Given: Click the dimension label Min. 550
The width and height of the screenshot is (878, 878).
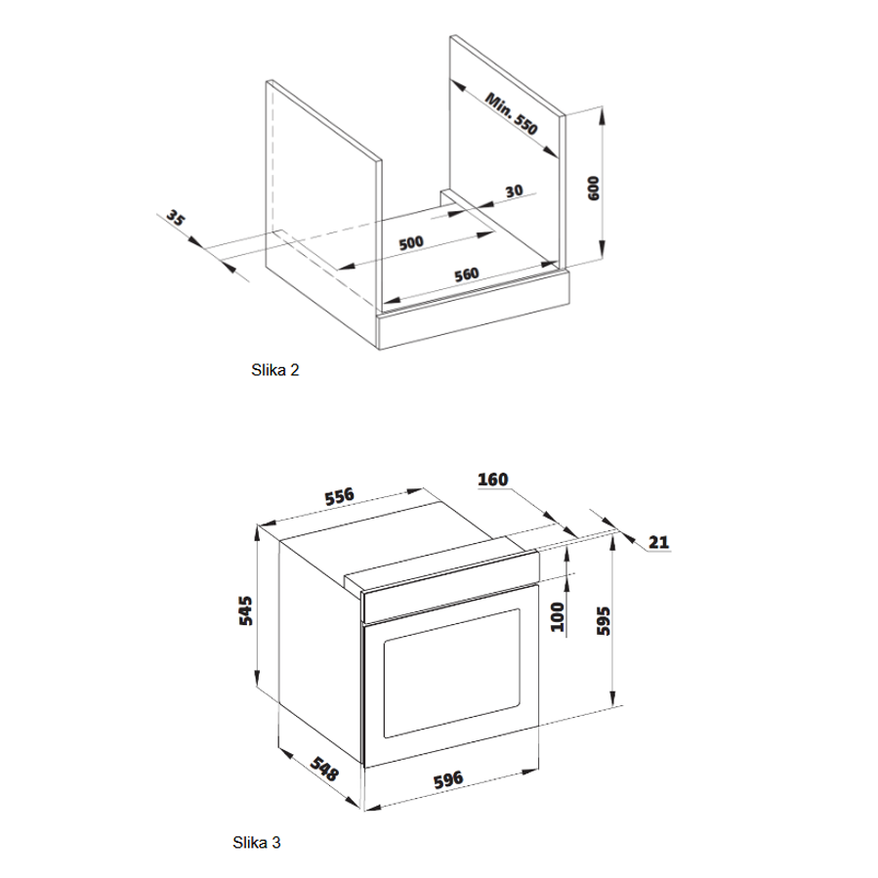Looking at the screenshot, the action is (x=512, y=113).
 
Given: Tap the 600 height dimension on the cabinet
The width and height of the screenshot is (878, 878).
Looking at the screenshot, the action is (x=594, y=188).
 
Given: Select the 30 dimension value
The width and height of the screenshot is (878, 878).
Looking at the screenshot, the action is (x=514, y=191).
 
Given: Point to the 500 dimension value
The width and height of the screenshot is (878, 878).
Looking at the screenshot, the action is (x=411, y=243).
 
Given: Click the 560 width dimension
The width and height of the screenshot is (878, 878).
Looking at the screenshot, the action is (x=467, y=274).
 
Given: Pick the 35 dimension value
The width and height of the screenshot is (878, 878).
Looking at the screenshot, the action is (x=175, y=218).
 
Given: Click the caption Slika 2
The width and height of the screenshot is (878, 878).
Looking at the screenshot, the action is (x=275, y=370).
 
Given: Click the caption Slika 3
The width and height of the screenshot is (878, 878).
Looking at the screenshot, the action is (x=257, y=842).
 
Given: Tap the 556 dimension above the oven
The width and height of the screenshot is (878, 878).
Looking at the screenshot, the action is (x=339, y=496).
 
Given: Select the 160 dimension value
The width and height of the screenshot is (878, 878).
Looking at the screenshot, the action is (x=493, y=480).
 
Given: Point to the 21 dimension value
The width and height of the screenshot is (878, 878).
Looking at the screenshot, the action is (x=658, y=542).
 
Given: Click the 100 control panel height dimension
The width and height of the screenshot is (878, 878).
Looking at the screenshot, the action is (x=558, y=616).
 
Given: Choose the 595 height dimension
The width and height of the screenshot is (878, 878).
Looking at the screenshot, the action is (x=604, y=620).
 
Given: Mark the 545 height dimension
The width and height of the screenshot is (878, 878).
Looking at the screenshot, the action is (x=245, y=611).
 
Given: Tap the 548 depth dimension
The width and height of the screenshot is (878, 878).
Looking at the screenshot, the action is (x=324, y=770).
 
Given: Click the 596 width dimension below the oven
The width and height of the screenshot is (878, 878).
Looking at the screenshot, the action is (x=448, y=779).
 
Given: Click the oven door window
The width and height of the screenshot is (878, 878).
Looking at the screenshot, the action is (x=451, y=673).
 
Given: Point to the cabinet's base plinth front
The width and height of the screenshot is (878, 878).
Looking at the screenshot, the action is (x=475, y=311).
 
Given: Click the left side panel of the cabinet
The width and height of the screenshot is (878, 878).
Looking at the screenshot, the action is (x=324, y=193).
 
